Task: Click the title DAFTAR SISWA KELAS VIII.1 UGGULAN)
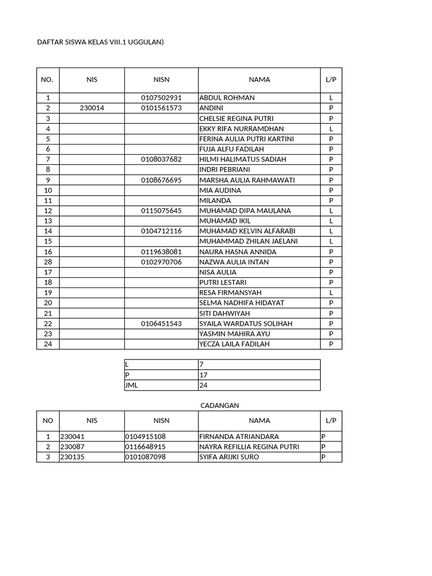point(100,42)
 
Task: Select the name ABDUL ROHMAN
point(227,98)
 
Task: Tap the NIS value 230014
point(92,108)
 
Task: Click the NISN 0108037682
point(161,159)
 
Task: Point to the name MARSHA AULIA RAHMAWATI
point(247,180)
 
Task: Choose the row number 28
point(48,262)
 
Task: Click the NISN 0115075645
point(161,211)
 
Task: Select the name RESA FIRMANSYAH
point(230,292)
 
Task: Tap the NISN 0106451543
point(161,324)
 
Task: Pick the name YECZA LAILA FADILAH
point(235,344)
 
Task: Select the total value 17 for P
point(204,375)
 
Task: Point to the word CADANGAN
point(220,406)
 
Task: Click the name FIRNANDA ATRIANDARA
point(239,436)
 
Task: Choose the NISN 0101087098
point(146,457)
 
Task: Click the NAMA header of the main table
point(259,80)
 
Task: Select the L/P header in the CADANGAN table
point(331,421)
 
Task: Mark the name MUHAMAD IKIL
point(225,221)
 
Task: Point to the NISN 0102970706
point(161,262)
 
